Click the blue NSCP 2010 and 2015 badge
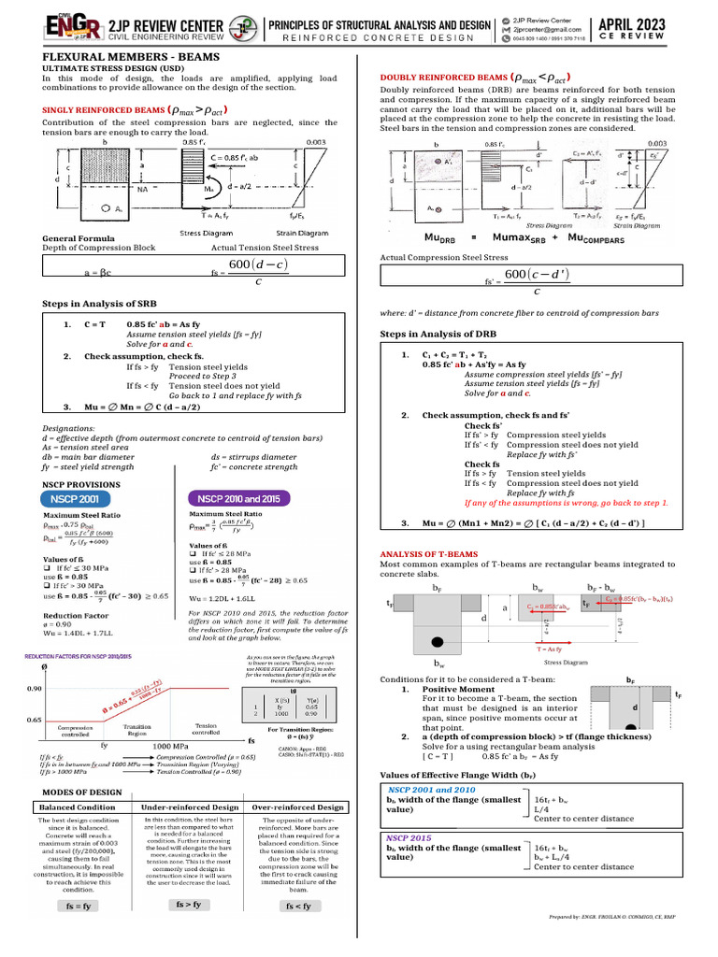237,498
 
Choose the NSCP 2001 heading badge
73,499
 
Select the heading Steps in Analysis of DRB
438,335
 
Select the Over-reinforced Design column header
298,807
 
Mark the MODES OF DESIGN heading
82,791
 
